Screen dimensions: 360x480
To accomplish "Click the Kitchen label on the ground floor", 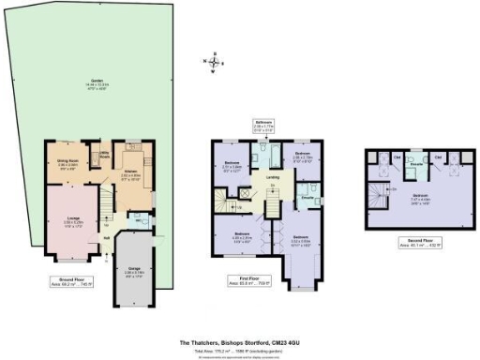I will pyautogui.click(x=130, y=172).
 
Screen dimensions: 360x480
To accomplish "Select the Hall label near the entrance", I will pyautogui.click(x=107, y=239).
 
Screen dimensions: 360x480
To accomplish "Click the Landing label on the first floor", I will pyautogui.click(x=273, y=175).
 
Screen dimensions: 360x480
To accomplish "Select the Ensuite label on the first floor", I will pyautogui.click(x=306, y=199).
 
